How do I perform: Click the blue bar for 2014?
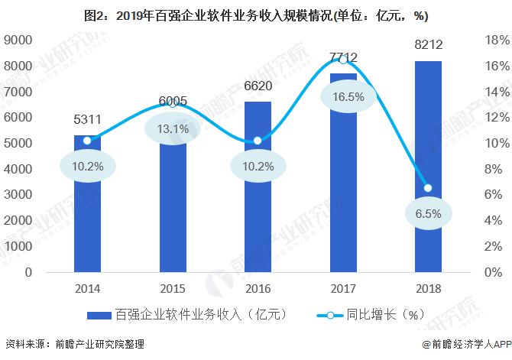[x=86, y=229]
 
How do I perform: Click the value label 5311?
[x=86, y=120]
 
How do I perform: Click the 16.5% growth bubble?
[x=343, y=97]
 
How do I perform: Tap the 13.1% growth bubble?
[x=172, y=128]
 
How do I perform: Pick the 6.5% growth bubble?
[x=428, y=214]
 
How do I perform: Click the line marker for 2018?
[x=428, y=188]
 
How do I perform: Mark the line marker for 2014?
[x=86, y=141]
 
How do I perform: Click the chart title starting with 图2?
[x=256, y=15]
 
